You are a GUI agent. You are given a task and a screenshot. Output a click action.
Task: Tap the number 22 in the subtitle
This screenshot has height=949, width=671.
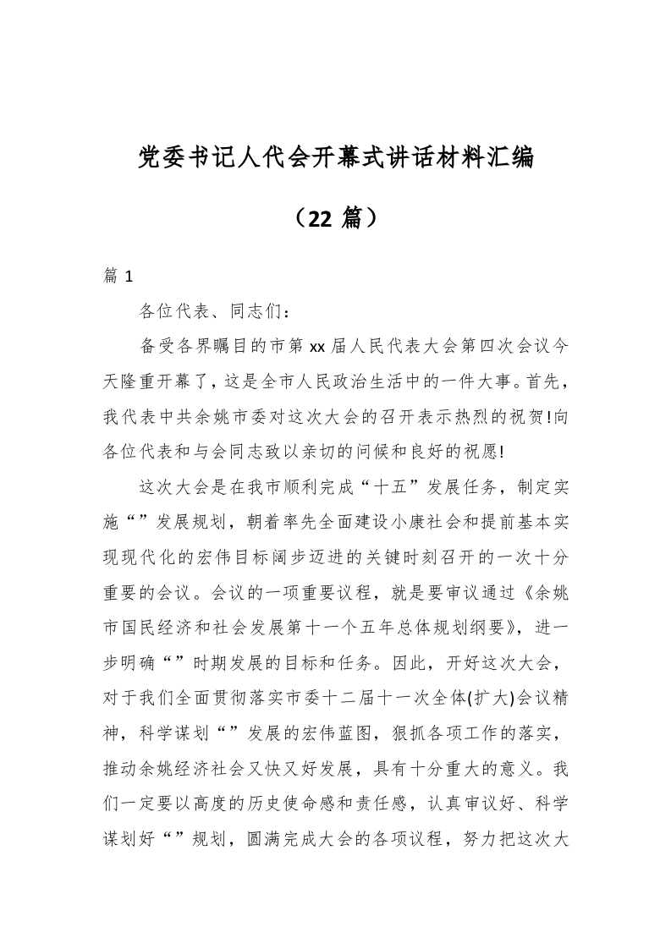[x=322, y=218]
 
